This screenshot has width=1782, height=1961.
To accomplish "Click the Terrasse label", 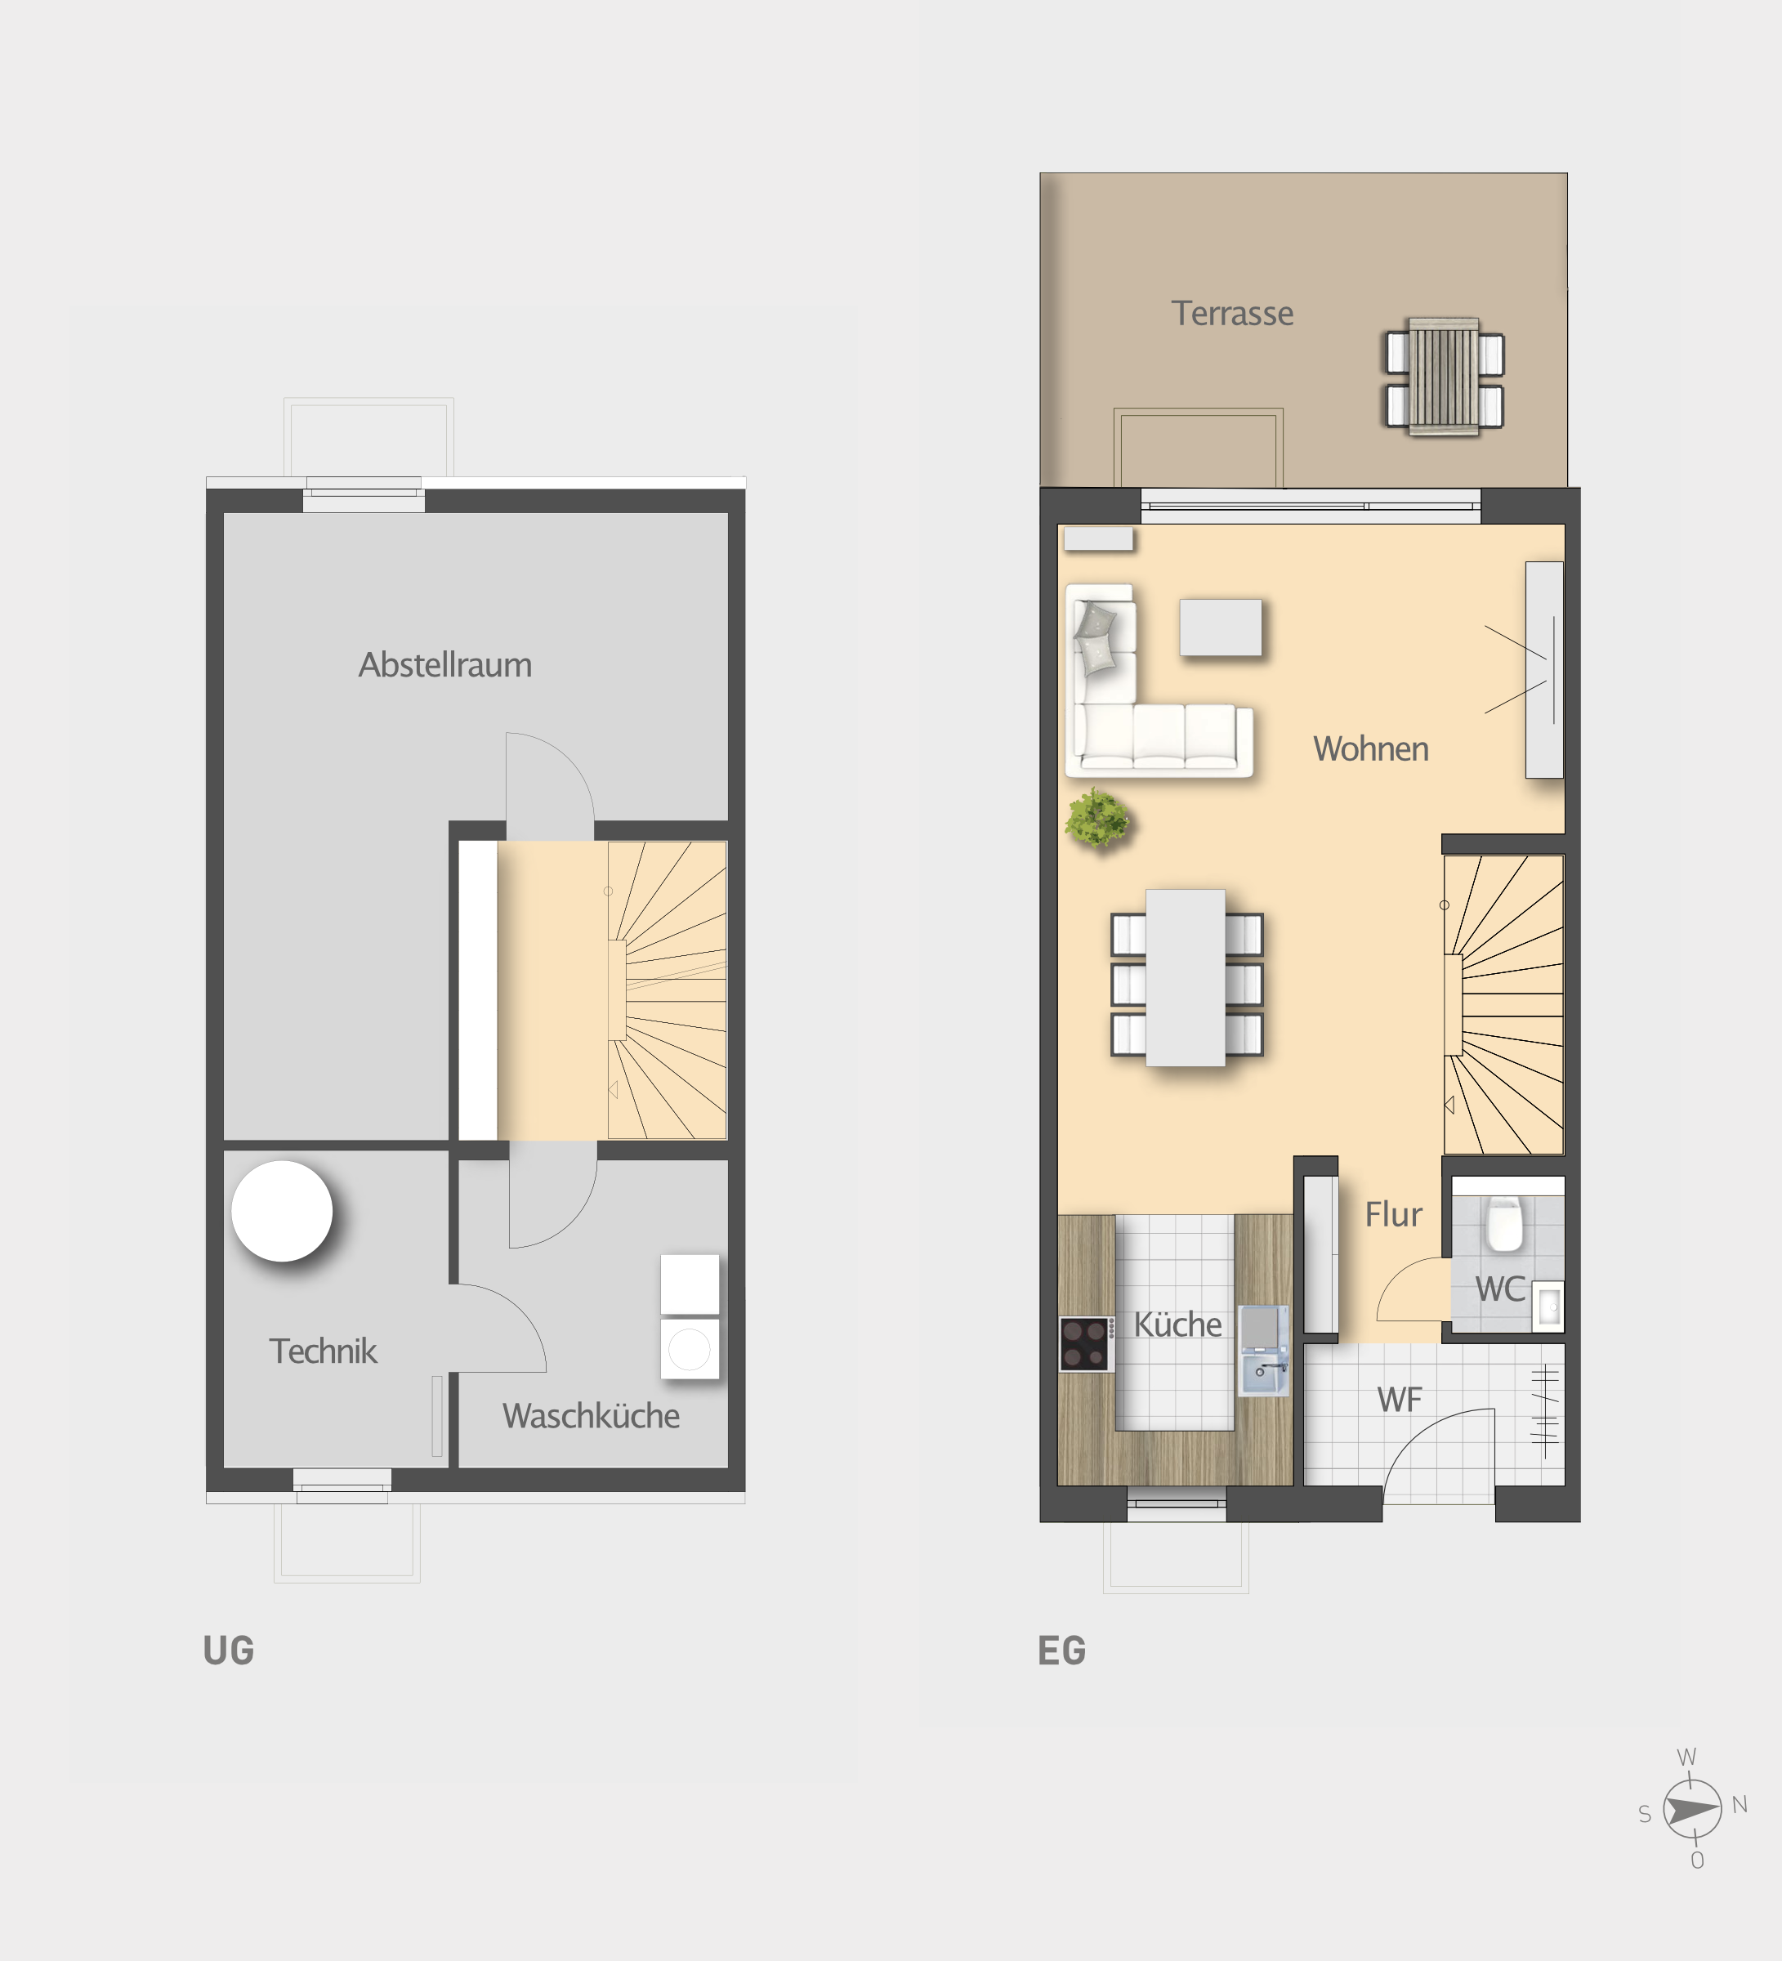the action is point(1231,313).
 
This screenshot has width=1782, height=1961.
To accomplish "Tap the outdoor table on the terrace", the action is point(1445,377).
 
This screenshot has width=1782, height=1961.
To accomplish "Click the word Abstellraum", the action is point(445,664).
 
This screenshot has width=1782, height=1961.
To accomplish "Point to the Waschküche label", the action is point(591,1415).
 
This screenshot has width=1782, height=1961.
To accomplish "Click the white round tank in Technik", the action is point(282,1211).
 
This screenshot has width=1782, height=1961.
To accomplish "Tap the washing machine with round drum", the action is point(690,1348).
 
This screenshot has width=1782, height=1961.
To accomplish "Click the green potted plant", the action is point(1098,818).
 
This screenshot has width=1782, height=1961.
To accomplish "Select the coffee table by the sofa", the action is point(1221,628).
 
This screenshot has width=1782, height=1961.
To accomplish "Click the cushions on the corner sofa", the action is point(1096,637).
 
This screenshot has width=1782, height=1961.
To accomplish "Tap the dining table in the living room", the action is point(1185,977).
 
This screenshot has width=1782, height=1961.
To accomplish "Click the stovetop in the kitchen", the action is point(1087,1343).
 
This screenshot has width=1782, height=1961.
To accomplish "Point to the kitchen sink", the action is point(1265,1373).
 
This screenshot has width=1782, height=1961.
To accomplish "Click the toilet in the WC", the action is point(1504,1224).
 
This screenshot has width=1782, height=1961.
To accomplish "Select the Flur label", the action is point(1393,1214).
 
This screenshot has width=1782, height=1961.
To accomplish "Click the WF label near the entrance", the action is point(1400,1400).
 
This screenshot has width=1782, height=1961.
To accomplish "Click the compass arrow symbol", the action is point(1691,1809).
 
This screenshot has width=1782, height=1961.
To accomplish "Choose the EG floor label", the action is point(1062,1651).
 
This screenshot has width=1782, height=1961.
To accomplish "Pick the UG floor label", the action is point(229,1651).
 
